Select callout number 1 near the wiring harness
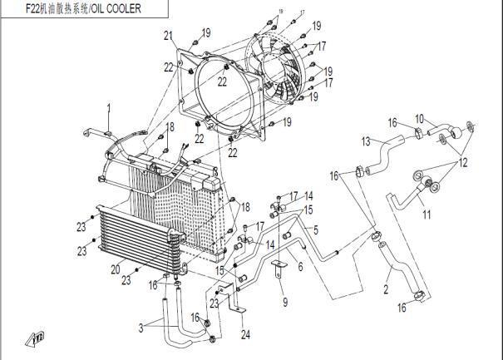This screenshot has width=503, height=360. pyautogui.click(x=107, y=107)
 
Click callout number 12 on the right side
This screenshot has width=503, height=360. pyautogui.click(x=464, y=161)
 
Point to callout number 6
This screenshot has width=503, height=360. pyautogui.click(x=300, y=266)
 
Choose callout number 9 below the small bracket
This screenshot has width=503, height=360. pyautogui.click(x=284, y=301)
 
